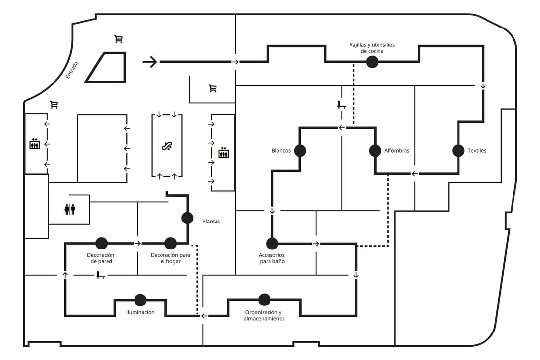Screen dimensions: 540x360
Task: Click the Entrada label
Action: point(72,70)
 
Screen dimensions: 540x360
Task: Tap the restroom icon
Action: point(70,209)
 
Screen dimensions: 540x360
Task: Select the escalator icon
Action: point(167,146)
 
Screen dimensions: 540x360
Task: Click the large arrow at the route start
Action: point(150,62)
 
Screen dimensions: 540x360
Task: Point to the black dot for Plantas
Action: point(188,218)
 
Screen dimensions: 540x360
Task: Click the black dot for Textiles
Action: point(459,151)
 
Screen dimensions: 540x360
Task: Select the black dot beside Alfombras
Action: point(375,151)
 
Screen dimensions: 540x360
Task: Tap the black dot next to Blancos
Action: point(300,151)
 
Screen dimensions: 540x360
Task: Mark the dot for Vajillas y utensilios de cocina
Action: point(372,62)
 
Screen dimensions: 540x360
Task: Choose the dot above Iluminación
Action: point(140,300)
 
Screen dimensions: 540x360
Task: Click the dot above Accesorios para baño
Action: point(272,244)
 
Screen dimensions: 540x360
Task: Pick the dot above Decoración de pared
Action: point(101,243)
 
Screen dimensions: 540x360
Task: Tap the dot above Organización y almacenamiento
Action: point(264,300)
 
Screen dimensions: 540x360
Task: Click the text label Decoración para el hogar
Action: point(170,258)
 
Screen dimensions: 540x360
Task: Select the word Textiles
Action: point(477,151)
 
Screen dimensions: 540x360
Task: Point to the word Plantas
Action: point(211,221)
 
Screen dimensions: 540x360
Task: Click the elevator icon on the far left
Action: point(35,143)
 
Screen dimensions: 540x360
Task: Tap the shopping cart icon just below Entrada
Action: point(54,104)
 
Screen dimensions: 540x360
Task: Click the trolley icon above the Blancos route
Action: point(341,105)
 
